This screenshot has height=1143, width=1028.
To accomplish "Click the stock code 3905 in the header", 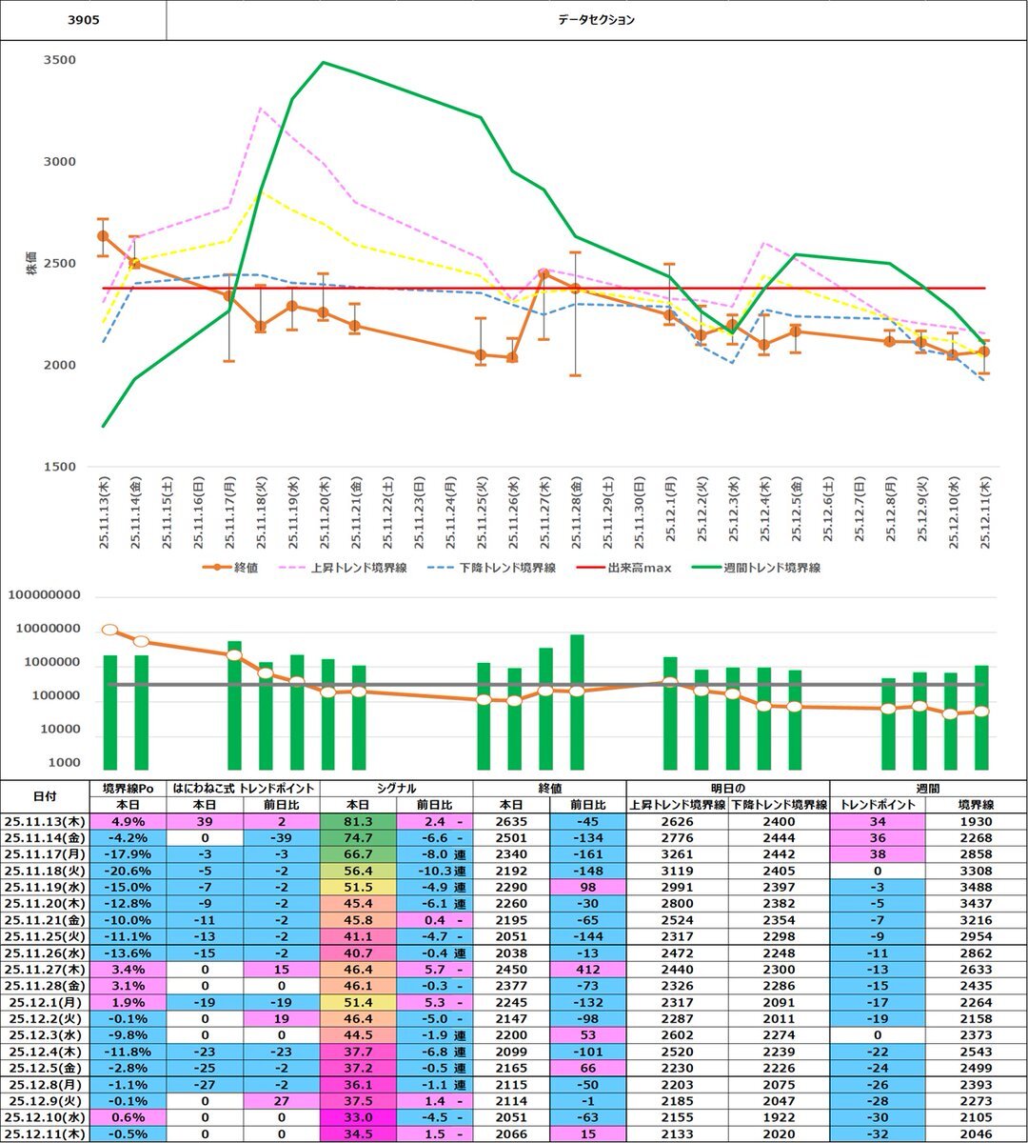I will (x=83, y=19).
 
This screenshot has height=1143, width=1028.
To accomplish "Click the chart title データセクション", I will (x=597, y=20).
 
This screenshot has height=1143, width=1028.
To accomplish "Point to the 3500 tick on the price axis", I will (x=60, y=60).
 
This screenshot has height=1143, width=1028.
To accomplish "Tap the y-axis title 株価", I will (x=30, y=263).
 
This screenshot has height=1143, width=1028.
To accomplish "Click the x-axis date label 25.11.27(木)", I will (x=544, y=513).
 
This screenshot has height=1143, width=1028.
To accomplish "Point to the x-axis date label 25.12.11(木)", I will (x=984, y=513).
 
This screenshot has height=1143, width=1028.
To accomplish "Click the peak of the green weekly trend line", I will (x=324, y=63).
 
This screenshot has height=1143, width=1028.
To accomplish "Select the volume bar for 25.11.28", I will (x=577, y=702).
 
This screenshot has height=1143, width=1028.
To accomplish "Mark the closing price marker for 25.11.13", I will (x=103, y=235).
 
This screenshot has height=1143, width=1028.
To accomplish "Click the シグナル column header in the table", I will (x=396, y=788).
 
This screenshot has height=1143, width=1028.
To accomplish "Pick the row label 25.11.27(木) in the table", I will (x=44, y=969).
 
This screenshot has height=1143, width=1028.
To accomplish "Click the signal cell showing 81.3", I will (x=357, y=821).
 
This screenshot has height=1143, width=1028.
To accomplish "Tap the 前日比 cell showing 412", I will (x=587, y=969).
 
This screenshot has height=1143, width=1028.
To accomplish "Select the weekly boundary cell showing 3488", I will (x=976, y=887).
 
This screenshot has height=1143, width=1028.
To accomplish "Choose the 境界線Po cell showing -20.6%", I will (x=128, y=871).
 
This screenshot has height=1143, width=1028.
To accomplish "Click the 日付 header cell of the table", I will (x=44, y=795).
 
